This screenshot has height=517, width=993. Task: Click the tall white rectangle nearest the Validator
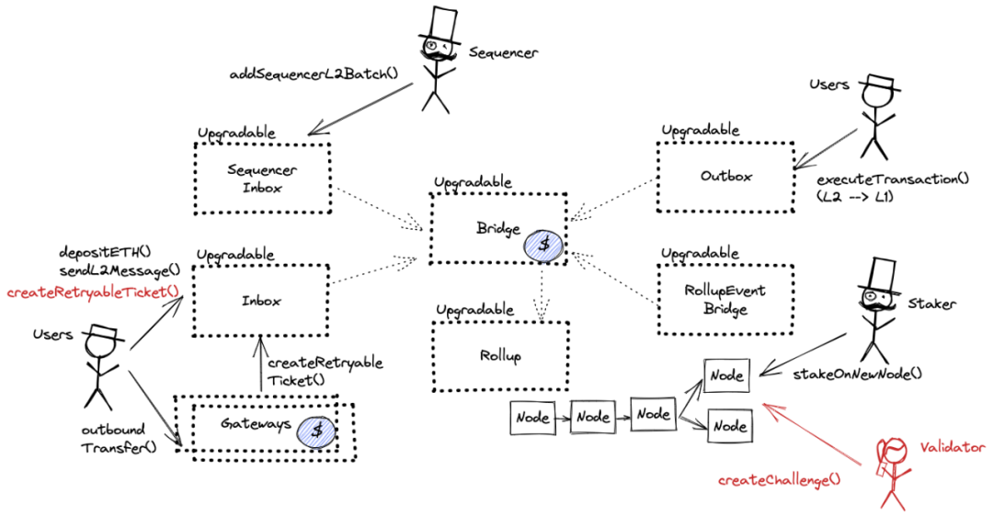[883, 273]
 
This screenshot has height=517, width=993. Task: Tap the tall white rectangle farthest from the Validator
[444, 24]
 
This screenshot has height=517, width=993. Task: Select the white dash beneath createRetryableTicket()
[103, 331]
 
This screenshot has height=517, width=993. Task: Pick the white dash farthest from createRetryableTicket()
[880, 81]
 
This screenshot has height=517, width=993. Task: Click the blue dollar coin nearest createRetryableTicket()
[316, 431]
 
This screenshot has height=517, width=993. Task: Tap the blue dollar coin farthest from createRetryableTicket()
[543, 246]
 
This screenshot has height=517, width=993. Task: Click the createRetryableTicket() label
[93, 293]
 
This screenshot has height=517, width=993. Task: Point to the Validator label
[953, 448]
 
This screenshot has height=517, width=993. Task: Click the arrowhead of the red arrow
[765, 406]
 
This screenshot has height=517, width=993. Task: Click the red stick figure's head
[893, 450]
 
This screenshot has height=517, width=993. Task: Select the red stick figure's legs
[892, 498]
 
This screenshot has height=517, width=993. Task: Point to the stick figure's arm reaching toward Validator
[905, 472]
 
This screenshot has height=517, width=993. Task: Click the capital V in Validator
[924, 448]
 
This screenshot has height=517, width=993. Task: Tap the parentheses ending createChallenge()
[836, 479]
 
